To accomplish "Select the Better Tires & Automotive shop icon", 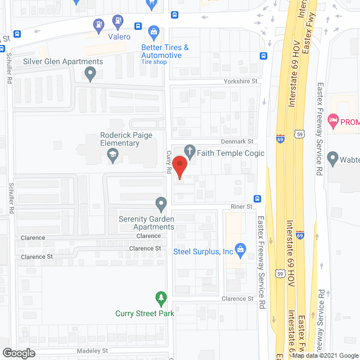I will (153, 31).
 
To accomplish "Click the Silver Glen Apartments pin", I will (89, 73).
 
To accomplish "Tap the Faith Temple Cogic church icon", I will (191, 151).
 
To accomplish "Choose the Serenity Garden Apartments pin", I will (161, 202).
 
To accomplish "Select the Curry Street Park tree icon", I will (161, 296).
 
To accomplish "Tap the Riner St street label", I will (241, 207).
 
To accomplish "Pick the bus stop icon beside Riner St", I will (258, 199).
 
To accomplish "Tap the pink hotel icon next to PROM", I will (333, 120).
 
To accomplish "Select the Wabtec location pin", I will (332, 159).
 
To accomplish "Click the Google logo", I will (18, 353).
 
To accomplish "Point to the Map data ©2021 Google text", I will (325, 355).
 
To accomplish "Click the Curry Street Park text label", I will (145, 313).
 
